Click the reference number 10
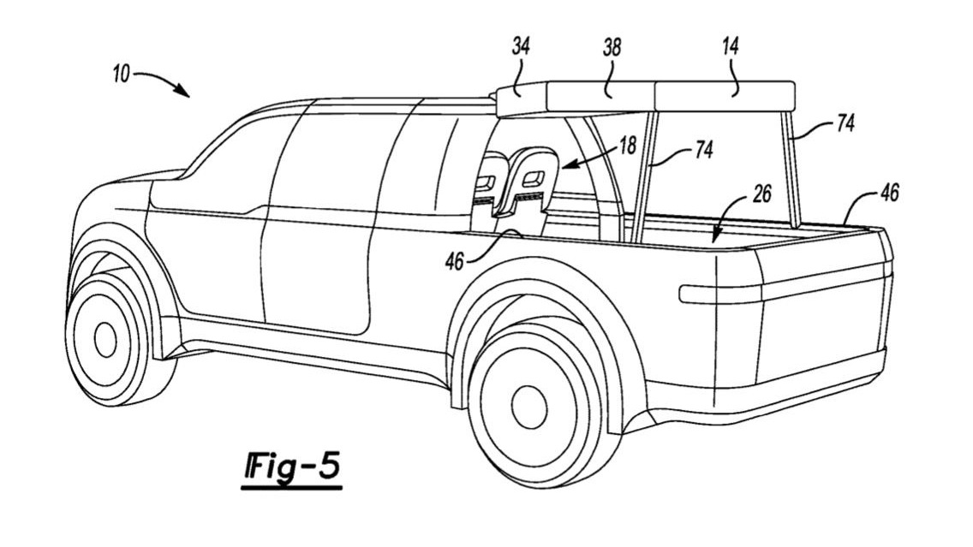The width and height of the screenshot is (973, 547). (x=120, y=75)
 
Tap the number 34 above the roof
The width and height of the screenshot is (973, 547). (x=521, y=46)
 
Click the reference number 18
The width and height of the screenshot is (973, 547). (x=628, y=145)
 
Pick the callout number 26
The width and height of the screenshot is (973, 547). (x=761, y=194)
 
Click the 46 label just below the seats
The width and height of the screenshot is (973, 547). (x=455, y=260)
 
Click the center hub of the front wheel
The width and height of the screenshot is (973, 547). (x=105, y=339)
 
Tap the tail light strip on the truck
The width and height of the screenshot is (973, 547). (x=719, y=294)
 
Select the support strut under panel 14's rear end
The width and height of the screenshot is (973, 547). (x=790, y=171)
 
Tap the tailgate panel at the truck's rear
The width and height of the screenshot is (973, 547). (x=822, y=317)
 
